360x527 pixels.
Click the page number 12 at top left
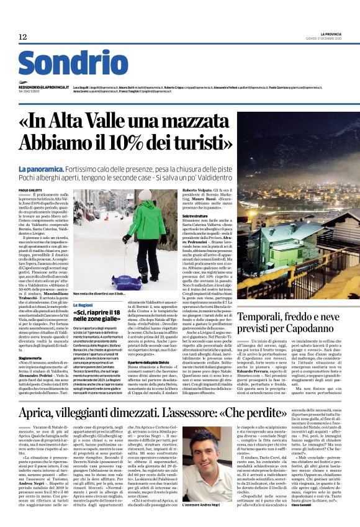pos(23,37)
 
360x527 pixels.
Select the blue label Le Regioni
pos(83,306)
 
